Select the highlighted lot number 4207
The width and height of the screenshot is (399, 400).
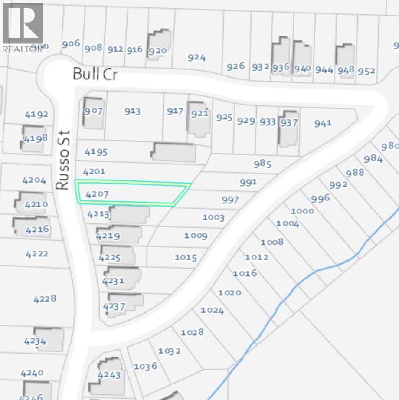tap(97, 194)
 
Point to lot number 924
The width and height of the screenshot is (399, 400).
tap(197, 57)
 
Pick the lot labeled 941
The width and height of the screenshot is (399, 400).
tap(323, 123)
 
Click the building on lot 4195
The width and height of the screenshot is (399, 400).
tap(173, 153)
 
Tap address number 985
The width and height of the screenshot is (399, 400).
tap(263, 164)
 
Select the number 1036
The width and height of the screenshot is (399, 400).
tap(145, 367)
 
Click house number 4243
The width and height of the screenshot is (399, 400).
tap(109, 375)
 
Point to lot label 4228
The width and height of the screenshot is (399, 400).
tap(45, 298)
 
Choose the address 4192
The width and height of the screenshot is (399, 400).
tap(36, 115)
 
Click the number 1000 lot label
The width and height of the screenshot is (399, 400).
tap(302, 211)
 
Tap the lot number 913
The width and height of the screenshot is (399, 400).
tap(132, 111)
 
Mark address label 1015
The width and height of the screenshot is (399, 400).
tap(186, 258)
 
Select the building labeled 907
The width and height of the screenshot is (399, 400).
tap(93, 112)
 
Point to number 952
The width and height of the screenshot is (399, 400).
tap(366, 71)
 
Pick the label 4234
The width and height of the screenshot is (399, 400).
tap(35, 341)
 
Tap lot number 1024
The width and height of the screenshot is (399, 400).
tap(212, 311)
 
